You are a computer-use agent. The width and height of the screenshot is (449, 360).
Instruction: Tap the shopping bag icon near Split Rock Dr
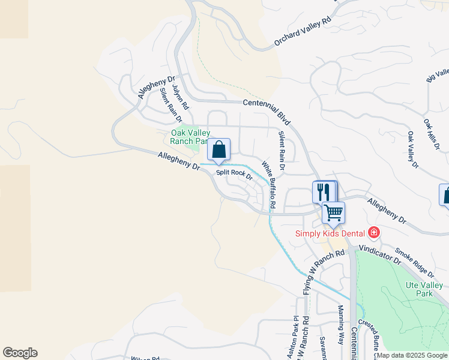pos(219,149)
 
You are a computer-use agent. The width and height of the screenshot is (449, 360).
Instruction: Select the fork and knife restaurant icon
pos(324,192)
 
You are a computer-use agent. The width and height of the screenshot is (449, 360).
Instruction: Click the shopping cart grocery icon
pos(333,212)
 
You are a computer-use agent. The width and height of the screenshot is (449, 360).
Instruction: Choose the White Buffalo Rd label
pos(268,184)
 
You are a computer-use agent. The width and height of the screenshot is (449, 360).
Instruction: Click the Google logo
pos(20,353)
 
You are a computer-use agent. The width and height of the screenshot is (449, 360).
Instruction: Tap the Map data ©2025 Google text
pos(412,355)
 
